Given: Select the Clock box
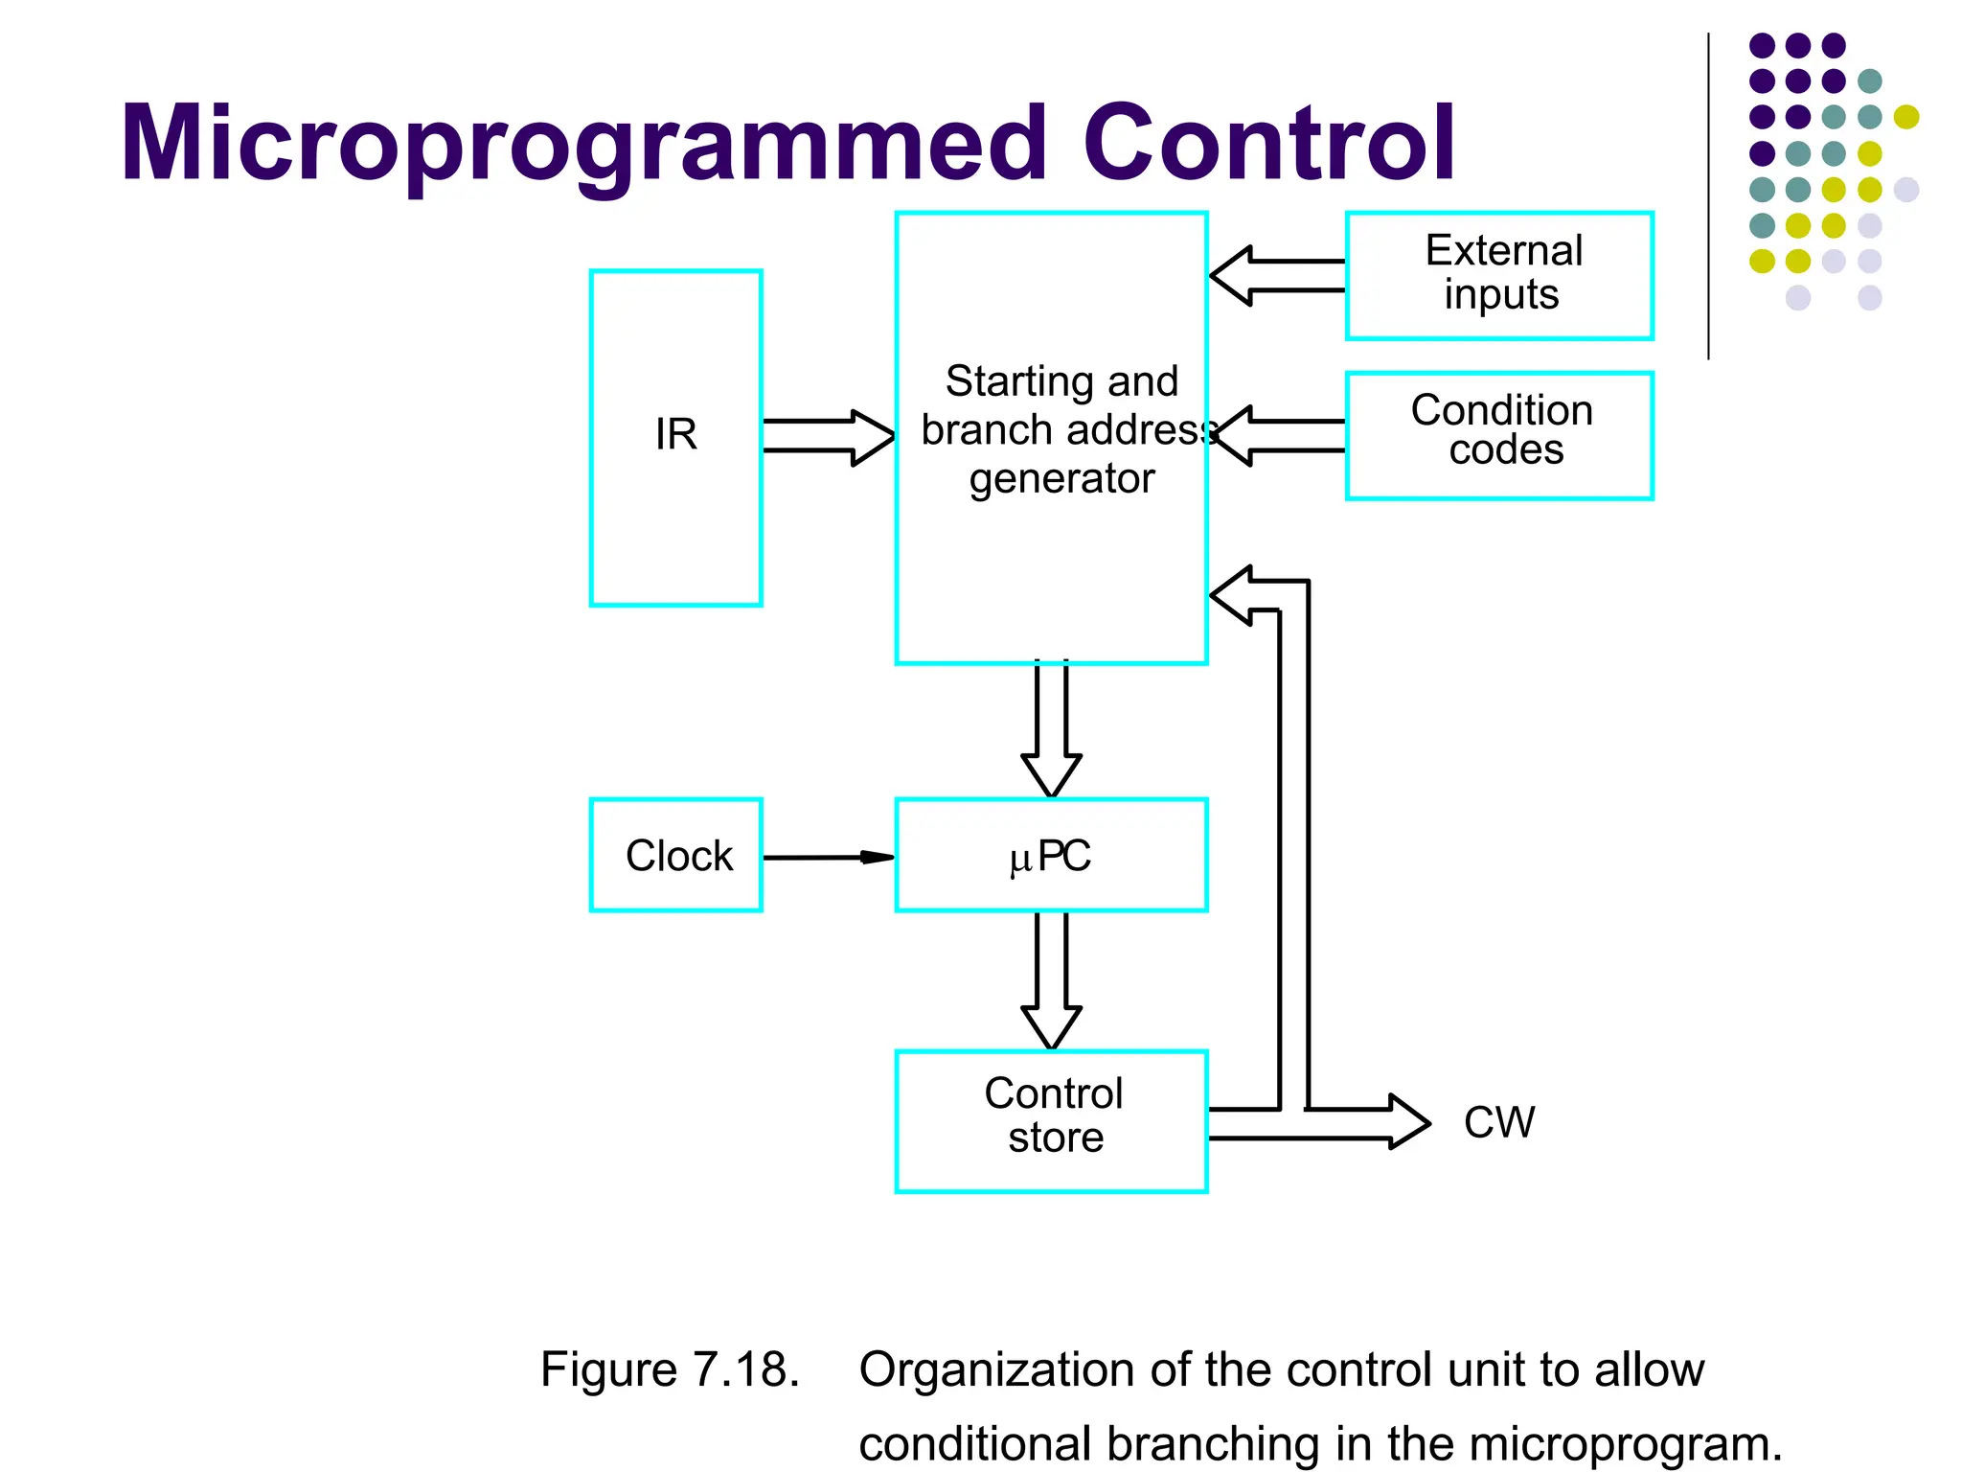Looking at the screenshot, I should click(675, 855).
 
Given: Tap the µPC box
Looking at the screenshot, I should click(1051, 855).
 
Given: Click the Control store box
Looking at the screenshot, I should click(1051, 1120).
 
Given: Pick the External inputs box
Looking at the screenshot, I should click(1499, 275).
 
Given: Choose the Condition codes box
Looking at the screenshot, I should click(1499, 435).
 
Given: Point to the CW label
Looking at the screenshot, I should click(1498, 1122).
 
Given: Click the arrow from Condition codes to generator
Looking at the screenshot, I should click(1279, 435).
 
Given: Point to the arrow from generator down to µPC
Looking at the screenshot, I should click(1051, 728).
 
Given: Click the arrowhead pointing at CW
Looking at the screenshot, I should click(1408, 1122).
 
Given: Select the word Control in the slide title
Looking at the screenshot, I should click(1268, 144).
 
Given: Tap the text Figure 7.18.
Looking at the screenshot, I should click(669, 1368).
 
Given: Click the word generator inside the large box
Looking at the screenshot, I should click(1061, 478).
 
